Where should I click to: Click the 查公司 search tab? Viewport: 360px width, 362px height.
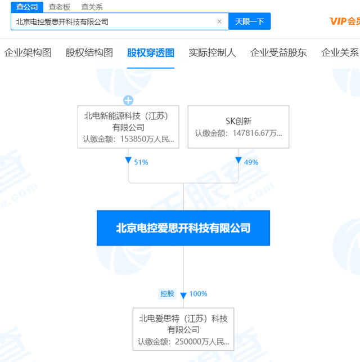(27, 7)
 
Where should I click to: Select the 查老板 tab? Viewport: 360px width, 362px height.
(60, 7)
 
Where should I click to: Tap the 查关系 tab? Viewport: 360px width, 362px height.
(92, 7)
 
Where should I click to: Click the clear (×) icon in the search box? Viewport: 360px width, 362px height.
(219, 21)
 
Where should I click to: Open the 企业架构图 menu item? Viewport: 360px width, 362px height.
(28, 52)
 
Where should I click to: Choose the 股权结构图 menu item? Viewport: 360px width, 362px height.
(89, 52)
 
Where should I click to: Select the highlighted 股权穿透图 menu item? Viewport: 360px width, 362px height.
(151, 52)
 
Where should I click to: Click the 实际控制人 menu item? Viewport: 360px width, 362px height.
(212, 52)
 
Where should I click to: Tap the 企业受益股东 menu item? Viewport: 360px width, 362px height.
(278, 52)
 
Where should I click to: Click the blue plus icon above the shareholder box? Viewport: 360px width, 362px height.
(128, 100)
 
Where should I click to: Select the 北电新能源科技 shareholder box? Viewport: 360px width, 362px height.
(128, 127)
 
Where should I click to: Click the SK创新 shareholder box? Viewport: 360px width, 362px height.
(238, 127)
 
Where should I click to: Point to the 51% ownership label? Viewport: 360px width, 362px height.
(141, 162)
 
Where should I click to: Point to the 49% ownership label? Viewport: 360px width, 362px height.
(251, 162)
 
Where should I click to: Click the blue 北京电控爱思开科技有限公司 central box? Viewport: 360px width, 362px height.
(183, 228)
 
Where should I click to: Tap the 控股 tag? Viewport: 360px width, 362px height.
(167, 294)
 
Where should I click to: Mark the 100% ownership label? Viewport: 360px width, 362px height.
(198, 294)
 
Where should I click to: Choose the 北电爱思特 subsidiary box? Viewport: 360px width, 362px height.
(183, 329)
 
